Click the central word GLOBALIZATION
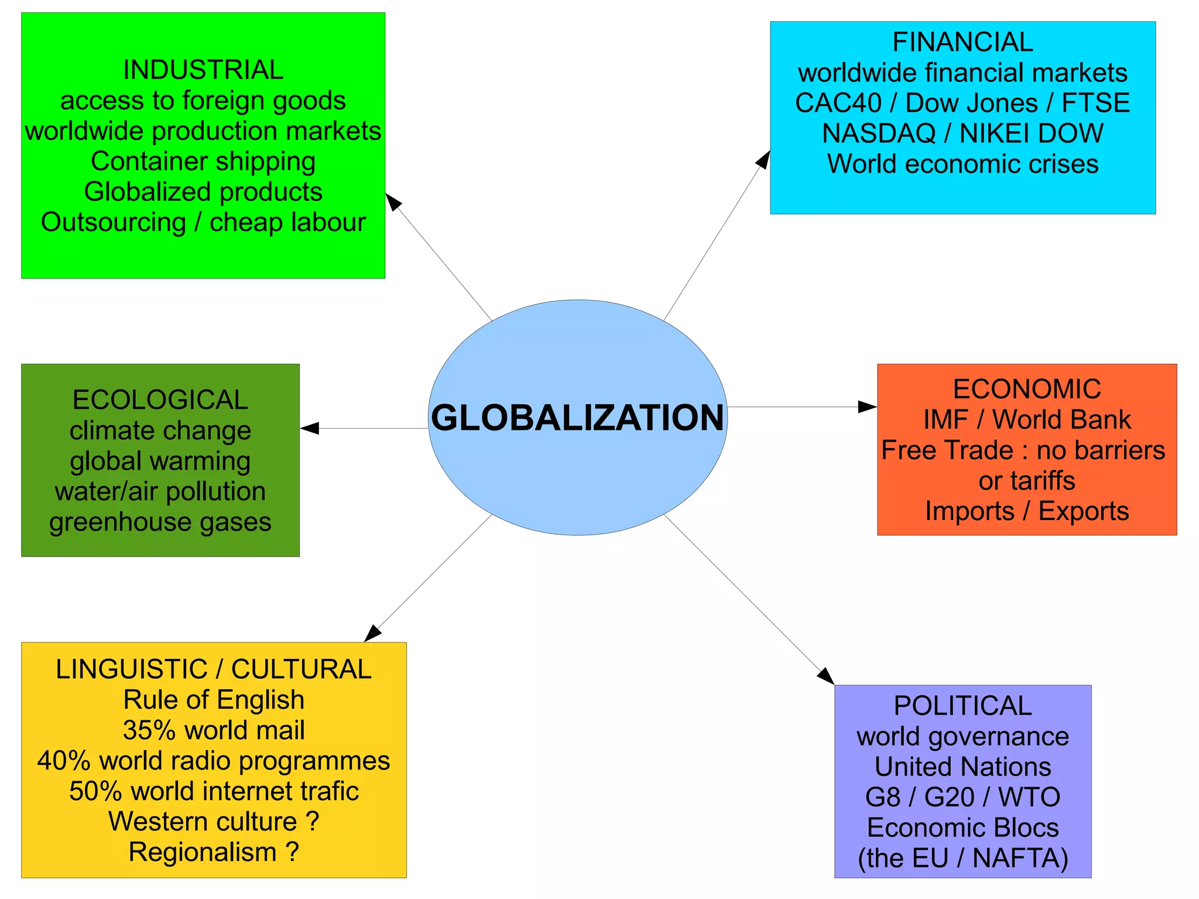(577, 418)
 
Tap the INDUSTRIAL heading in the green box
(203, 70)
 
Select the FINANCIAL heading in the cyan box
(962, 42)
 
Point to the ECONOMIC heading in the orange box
(1027, 389)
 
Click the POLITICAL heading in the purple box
(962, 706)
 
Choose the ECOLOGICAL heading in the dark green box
(160, 401)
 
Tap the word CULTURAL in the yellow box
(301, 669)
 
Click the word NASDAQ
(878, 134)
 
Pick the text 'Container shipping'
(203, 162)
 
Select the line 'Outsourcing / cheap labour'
(203, 223)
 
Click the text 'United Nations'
(962, 767)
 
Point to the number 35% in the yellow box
(149, 730)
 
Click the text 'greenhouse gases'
(160, 522)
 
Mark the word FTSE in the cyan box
(1095, 103)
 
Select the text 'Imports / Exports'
(1027, 511)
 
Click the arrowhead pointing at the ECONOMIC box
(868, 406)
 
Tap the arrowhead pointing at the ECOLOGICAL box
(310, 428)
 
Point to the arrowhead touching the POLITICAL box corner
(826, 676)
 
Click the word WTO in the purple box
(1029, 797)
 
